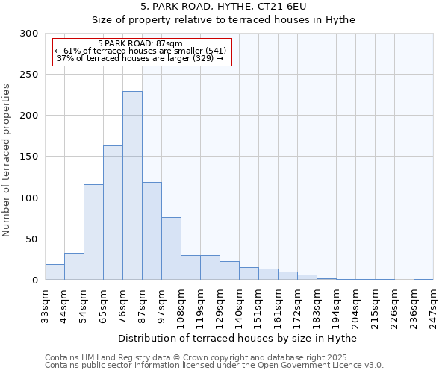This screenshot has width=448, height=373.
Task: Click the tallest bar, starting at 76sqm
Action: tap(132, 186)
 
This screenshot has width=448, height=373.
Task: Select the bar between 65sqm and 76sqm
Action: tap(113, 213)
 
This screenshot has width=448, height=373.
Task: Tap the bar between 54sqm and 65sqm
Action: tap(93, 232)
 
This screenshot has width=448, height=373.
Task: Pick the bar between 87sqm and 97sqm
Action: tap(152, 231)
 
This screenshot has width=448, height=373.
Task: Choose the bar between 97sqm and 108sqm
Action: tap(171, 248)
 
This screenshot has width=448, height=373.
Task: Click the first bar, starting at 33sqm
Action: tap(55, 272)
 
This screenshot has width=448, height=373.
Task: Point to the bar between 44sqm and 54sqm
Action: tap(74, 266)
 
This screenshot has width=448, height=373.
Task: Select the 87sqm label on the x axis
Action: tap(142, 304)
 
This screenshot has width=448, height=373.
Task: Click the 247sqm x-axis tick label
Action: tap(433, 307)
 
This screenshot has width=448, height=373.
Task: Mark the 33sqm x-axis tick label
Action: tap(45, 304)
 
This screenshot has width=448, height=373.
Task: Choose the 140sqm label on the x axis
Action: tap(239, 307)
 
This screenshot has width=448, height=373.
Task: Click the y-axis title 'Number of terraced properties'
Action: tap(7, 160)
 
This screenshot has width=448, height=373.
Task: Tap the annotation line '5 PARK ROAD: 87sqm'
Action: tap(140, 44)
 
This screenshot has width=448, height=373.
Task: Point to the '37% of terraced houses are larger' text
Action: tap(140, 58)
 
